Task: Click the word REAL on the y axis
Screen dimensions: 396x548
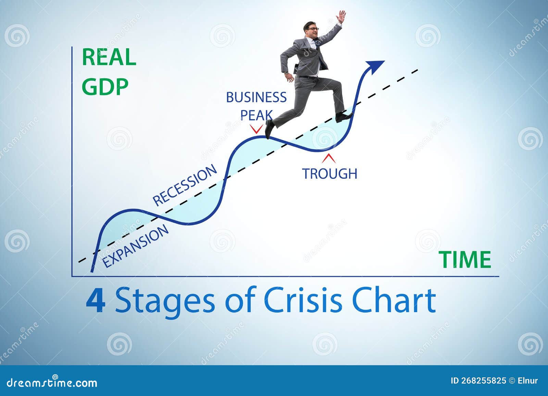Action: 109,58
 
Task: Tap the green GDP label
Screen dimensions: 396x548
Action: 105,87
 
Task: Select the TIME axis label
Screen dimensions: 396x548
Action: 465,260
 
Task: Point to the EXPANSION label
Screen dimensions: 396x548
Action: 136,246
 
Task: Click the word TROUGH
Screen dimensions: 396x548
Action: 329,174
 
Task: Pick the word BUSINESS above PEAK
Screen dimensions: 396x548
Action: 256,98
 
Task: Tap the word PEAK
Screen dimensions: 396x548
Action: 256,115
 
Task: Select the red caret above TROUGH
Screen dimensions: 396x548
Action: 329,158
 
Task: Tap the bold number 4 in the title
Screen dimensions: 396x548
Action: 95,301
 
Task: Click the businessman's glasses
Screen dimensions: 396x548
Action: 313,29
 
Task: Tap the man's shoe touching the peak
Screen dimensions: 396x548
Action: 269,129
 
